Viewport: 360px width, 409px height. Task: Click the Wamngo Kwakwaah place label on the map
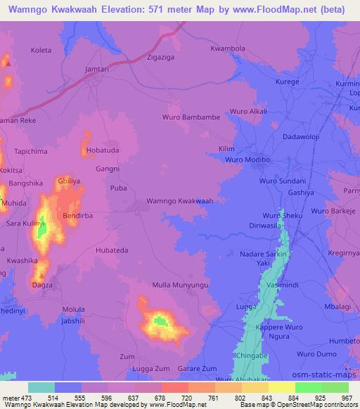[x=179, y=201]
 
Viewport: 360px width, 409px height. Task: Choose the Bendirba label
[x=79, y=216]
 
